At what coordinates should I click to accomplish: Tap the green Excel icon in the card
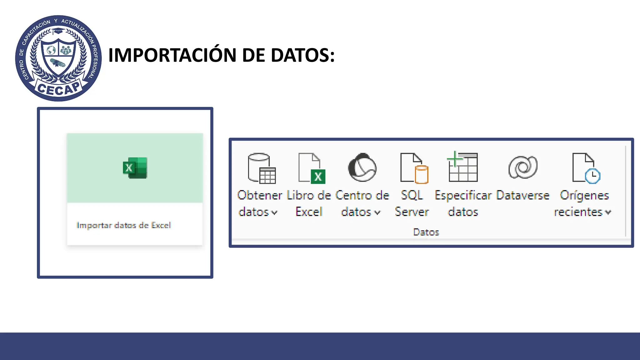[135, 168]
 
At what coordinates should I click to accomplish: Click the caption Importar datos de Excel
[124, 225]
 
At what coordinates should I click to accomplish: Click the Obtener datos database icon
[262, 168]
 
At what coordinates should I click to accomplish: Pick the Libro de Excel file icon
[312, 168]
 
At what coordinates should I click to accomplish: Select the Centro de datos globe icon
[362, 167]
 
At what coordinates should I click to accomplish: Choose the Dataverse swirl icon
[523, 167]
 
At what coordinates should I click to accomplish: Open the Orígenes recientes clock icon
[586, 168]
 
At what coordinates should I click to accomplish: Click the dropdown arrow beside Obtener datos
[274, 213]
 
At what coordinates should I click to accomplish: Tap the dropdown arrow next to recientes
[608, 212]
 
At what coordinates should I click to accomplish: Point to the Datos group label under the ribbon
[426, 232]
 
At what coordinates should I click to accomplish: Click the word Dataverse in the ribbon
[522, 195]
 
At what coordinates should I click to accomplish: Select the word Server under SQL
[412, 212]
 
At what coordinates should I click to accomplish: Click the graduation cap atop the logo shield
[58, 31]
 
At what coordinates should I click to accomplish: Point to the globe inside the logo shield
[51, 50]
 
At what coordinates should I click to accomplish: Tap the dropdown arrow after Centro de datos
[377, 213]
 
